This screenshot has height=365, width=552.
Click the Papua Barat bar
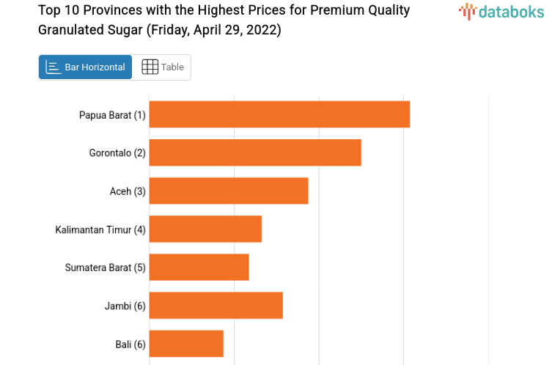tap(279, 114)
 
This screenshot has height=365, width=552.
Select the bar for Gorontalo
tap(255, 152)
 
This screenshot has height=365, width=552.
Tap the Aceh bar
tap(229, 191)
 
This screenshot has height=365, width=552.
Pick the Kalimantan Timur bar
tap(205, 229)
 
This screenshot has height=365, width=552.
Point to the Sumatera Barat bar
tap(199, 268)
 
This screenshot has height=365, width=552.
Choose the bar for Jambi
tap(216, 306)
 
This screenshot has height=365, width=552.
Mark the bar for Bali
tap(186, 344)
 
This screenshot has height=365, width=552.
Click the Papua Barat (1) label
tap(112, 115)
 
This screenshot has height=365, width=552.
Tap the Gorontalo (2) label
tap(117, 153)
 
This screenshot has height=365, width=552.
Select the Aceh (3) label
tap(128, 191)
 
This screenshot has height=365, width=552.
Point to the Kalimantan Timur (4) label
tap(100, 230)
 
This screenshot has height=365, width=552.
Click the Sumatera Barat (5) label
tap(106, 268)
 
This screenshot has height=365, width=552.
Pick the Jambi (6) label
tap(125, 306)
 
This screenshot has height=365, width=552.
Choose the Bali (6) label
tap(130, 344)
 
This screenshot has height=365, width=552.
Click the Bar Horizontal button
tap(86, 67)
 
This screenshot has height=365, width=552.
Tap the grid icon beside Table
tap(150, 67)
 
